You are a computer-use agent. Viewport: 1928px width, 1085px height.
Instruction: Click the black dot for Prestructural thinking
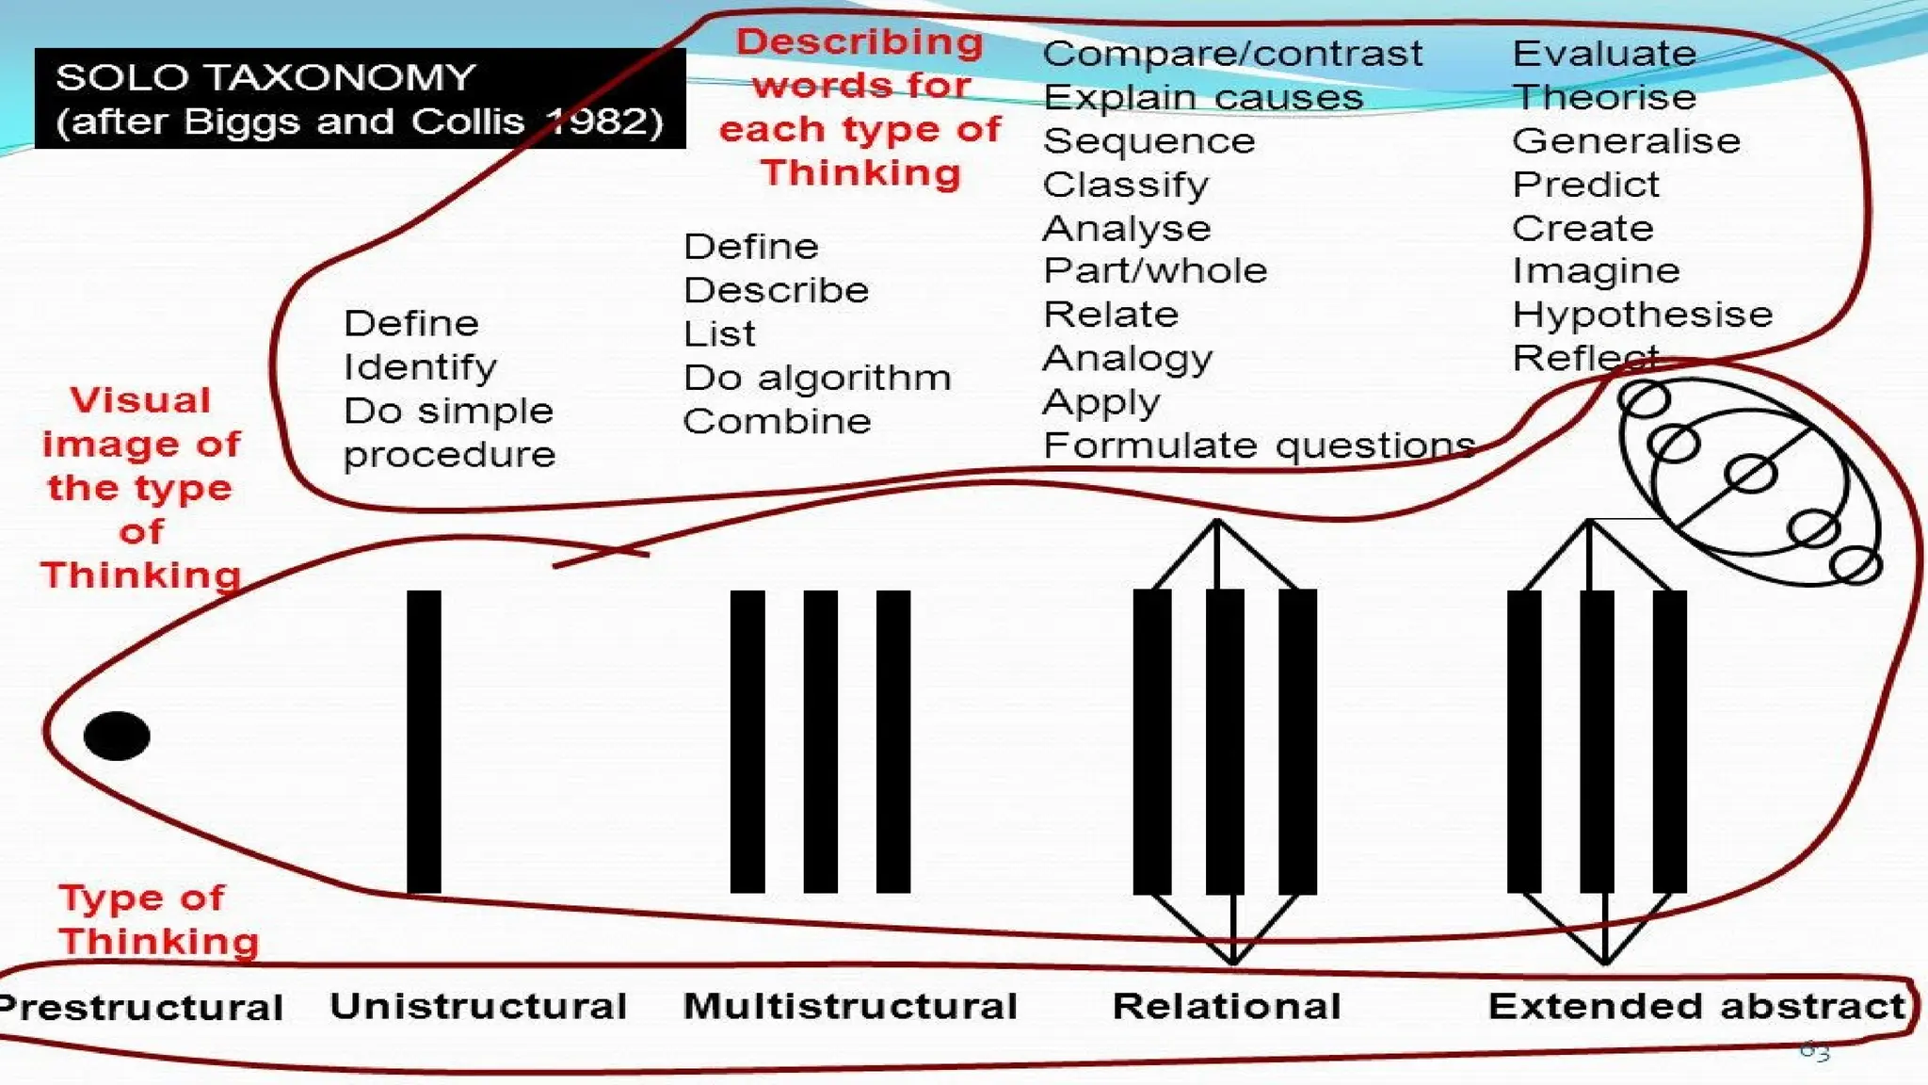pyautogui.click(x=117, y=736)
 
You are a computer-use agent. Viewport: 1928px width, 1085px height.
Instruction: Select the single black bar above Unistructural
pyautogui.click(x=424, y=741)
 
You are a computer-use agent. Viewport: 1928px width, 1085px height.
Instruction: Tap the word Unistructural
pyautogui.click(x=478, y=1006)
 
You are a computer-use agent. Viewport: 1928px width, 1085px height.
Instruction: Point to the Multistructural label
pyautogui.click(x=850, y=1006)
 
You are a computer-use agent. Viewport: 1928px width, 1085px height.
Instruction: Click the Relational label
pyautogui.click(x=1227, y=1006)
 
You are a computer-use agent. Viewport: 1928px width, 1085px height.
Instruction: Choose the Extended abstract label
pyautogui.click(x=1696, y=1006)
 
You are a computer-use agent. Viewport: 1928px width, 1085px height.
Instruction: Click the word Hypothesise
pyautogui.click(x=1642, y=315)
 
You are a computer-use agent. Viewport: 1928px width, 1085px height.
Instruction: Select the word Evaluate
pyautogui.click(x=1604, y=54)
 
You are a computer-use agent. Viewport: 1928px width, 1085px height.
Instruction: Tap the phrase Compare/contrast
pyautogui.click(x=1232, y=54)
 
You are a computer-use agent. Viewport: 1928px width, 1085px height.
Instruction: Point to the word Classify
pyautogui.click(x=1126, y=185)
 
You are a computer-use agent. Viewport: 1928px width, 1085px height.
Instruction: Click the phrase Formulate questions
pyautogui.click(x=1259, y=445)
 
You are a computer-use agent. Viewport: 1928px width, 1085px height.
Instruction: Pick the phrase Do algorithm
pyautogui.click(x=817, y=378)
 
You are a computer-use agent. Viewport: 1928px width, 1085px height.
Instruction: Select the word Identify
pyautogui.click(x=420, y=367)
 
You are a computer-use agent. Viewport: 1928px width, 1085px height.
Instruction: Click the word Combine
pyautogui.click(x=778, y=421)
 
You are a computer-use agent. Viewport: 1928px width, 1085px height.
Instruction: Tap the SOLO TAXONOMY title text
pyautogui.click(x=265, y=77)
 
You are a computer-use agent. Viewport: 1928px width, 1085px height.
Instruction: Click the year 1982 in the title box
pyautogui.click(x=605, y=121)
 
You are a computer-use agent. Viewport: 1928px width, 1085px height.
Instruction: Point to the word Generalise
pyautogui.click(x=1626, y=141)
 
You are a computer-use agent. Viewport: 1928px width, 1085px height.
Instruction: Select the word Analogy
pyautogui.click(x=1128, y=359)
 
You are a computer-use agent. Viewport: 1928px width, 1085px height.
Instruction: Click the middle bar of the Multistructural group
pyautogui.click(x=820, y=741)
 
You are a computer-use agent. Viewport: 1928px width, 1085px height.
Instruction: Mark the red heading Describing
pyautogui.click(x=860, y=42)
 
